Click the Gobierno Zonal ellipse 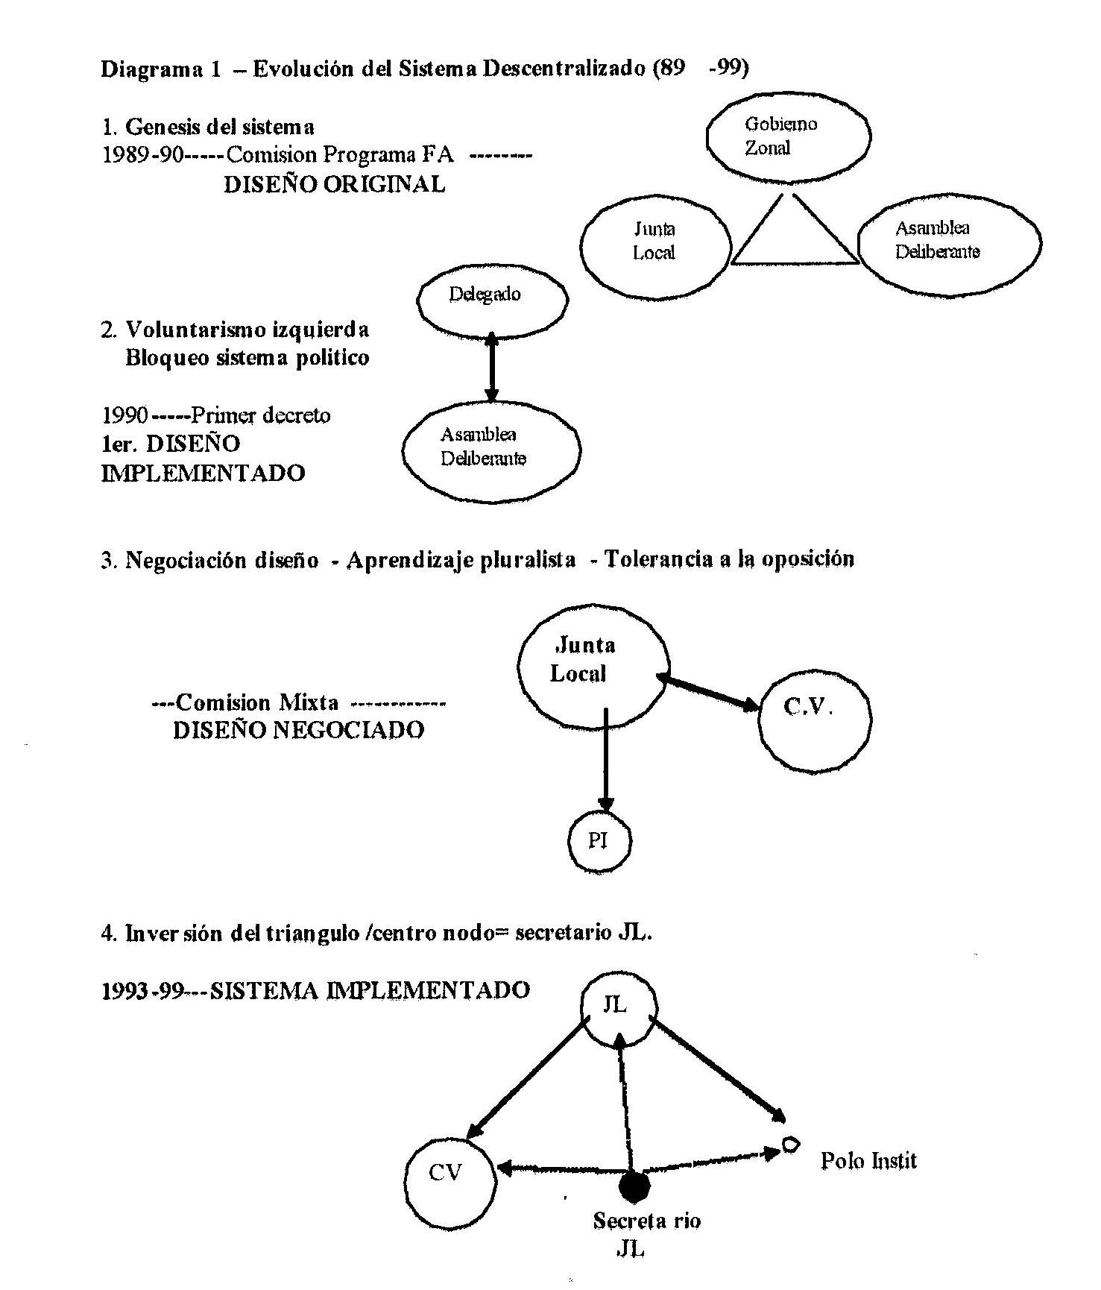click(x=789, y=136)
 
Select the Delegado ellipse click(x=493, y=298)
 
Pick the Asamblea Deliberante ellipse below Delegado click(x=491, y=448)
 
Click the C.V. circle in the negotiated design click(x=814, y=720)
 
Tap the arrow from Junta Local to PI click(x=606, y=761)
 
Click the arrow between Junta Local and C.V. click(x=708, y=691)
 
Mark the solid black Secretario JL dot click(x=635, y=1184)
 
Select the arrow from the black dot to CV click(x=559, y=1170)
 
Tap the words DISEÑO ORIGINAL click(x=334, y=184)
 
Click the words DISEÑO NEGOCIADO click(x=298, y=730)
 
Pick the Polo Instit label click(x=868, y=1160)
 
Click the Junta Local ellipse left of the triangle click(x=654, y=241)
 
